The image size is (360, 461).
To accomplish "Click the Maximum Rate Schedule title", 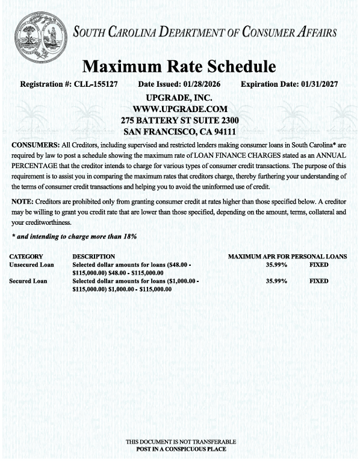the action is point(179,66).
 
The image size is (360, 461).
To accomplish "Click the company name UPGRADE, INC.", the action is point(179,98).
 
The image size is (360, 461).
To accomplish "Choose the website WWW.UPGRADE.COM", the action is point(179,109).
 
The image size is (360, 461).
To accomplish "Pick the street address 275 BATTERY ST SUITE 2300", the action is point(179,120).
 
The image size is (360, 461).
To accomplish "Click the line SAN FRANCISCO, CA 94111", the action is point(179,131).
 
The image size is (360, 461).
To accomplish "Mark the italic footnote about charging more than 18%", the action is point(74,236).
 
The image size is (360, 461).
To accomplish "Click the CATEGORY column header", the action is point(26,257).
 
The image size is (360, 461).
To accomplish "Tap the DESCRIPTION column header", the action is point(94,257).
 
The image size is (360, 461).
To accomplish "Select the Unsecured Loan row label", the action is point(31,265).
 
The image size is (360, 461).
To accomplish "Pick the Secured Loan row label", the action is point(28,281).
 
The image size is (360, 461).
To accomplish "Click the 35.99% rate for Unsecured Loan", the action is point(276,265).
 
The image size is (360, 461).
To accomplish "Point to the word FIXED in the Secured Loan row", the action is point(319,281).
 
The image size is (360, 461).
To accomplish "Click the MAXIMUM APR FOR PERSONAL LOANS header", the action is point(287,257).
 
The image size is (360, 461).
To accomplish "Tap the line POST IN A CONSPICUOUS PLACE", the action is point(181,449).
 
